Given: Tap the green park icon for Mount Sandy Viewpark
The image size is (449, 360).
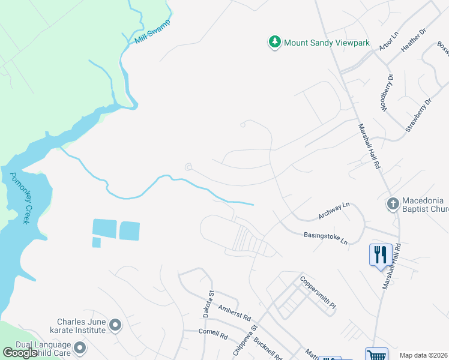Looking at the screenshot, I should click(275, 43).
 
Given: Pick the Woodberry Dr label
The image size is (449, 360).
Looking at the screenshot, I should click(386, 92).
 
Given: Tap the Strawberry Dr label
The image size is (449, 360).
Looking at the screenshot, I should click(418, 115).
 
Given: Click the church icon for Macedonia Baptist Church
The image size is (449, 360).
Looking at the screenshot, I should click(393, 204).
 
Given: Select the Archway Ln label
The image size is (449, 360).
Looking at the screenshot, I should click(333, 211).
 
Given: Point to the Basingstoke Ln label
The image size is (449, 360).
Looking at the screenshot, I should click(326, 238).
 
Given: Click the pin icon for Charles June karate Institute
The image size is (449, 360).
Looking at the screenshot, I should click(115, 326).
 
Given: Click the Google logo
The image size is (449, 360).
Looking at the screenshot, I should click(20, 353).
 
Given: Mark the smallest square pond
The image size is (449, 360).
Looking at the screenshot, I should click(97, 242).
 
